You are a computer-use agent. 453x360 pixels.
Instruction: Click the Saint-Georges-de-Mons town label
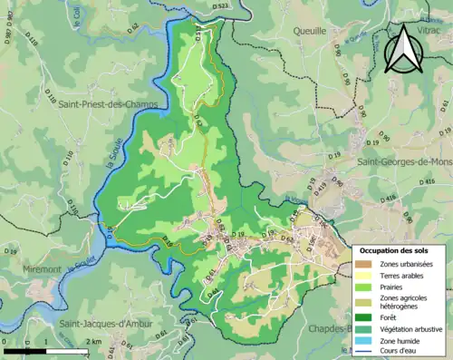click(403, 161)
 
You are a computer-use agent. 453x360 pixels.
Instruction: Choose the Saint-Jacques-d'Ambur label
click(105, 323)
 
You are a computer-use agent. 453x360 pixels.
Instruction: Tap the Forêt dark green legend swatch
click(364, 316)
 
